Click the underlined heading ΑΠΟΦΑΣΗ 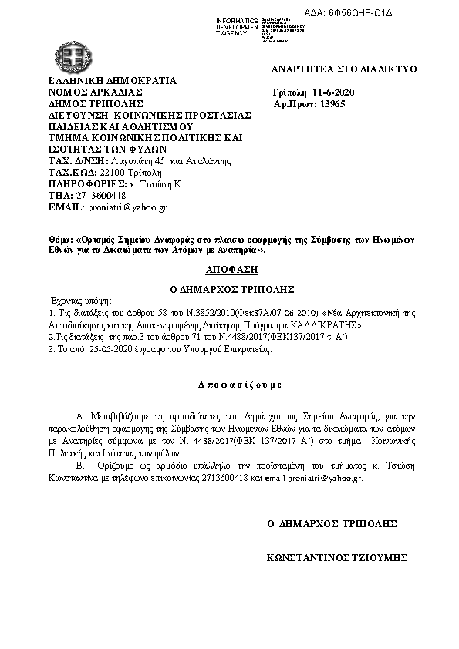click(x=229, y=271)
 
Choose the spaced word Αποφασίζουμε click(x=230, y=383)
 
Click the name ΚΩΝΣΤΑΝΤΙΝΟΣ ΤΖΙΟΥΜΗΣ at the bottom click(x=336, y=557)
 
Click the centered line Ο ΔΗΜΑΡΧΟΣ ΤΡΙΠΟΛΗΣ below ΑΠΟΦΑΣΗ click(x=229, y=288)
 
